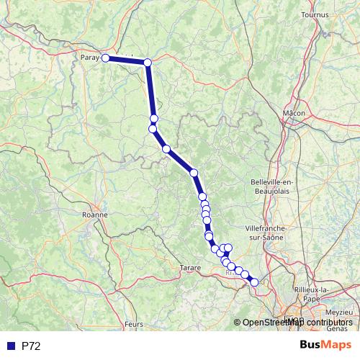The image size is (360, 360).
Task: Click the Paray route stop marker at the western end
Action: (105, 58)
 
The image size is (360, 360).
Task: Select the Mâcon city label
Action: (294, 113)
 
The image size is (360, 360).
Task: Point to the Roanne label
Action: (95, 214)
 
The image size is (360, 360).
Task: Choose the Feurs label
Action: (133, 325)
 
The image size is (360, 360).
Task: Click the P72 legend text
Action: (31, 346)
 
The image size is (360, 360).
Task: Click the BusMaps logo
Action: (323, 346)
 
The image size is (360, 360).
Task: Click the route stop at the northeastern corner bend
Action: (148, 63)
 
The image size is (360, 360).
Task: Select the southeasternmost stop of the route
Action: (253, 282)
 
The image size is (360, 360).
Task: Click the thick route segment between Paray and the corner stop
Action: (127, 60)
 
